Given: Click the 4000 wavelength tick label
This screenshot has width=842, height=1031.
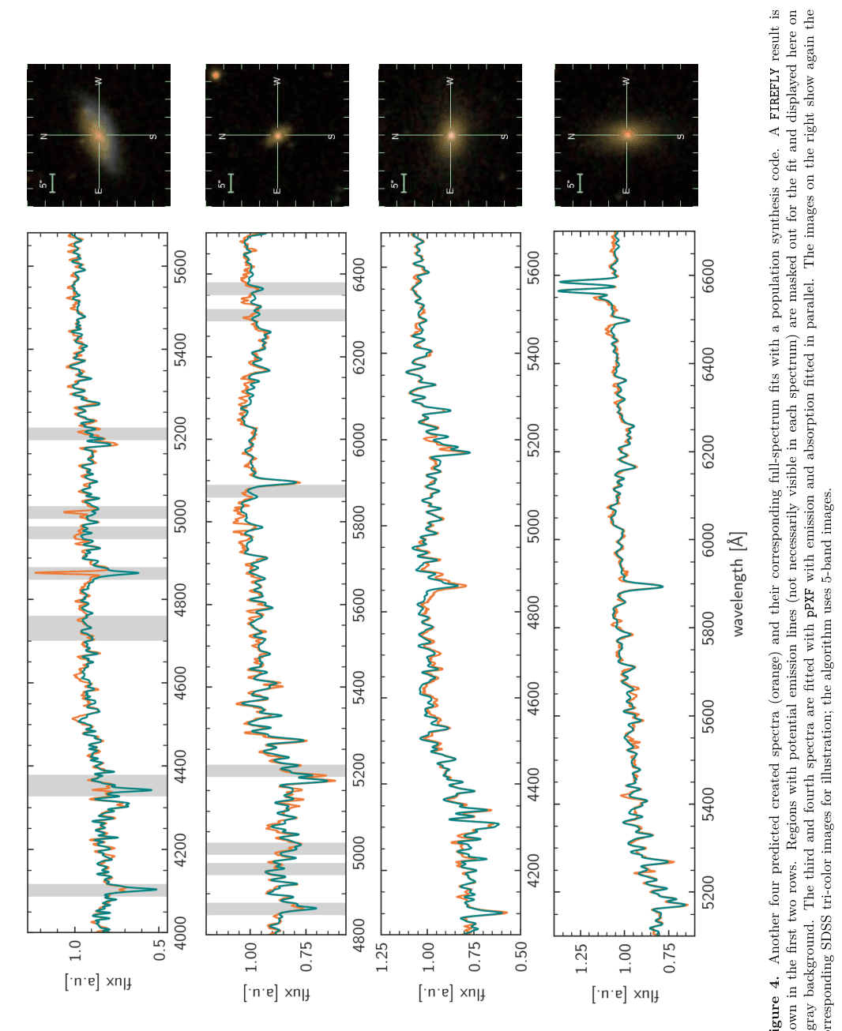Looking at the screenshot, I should click(x=181, y=921).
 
